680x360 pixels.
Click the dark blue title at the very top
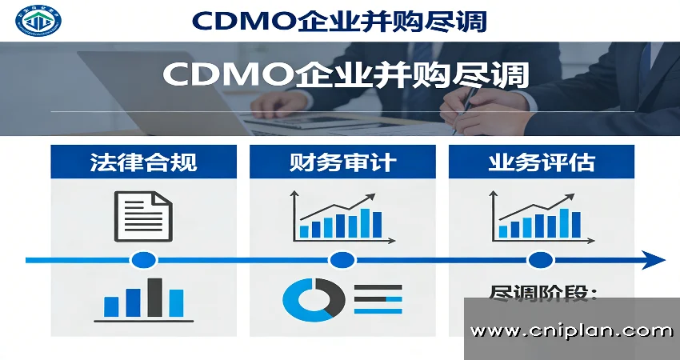click(339, 20)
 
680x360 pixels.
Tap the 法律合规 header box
click(143, 162)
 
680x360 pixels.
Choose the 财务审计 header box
click(342, 162)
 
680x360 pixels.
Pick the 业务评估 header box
click(541, 162)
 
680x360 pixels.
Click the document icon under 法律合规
click(143, 215)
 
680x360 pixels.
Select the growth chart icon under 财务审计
click(337, 216)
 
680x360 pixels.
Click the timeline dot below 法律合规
click(144, 260)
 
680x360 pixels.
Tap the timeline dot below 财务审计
click(342, 260)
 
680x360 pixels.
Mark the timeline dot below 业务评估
click(541, 260)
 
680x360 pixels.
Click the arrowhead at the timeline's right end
click(654, 260)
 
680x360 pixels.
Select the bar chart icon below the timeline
click(145, 299)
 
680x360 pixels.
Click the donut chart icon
click(314, 299)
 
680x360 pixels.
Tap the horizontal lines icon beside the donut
click(378, 299)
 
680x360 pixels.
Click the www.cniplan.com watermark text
click(571, 330)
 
